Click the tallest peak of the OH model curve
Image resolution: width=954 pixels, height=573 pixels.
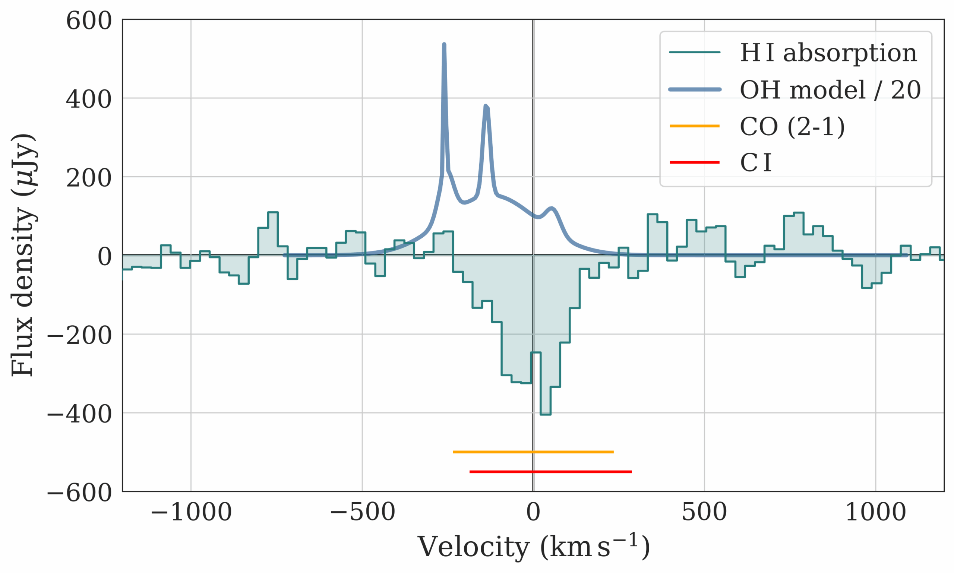tap(444, 45)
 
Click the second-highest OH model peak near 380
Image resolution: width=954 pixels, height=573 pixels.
tap(486, 106)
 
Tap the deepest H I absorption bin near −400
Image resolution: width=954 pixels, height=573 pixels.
tap(545, 414)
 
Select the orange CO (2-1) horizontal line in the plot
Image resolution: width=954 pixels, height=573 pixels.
tap(533, 452)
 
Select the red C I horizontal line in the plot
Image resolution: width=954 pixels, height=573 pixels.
tap(550, 472)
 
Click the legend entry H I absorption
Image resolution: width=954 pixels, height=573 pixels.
tap(828, 53)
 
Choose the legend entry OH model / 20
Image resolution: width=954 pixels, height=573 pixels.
tap(830, 90)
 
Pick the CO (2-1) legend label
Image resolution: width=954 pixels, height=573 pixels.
tap(792, 126)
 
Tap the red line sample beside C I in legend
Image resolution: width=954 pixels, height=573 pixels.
tap(695, 162)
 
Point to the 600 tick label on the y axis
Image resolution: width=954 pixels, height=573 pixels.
tap(89, 21)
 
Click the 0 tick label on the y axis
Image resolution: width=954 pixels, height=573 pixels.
tap(104, 257)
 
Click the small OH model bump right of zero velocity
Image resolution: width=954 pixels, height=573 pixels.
tap(552, 209)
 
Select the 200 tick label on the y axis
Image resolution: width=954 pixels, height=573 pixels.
tap(89, 178)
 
